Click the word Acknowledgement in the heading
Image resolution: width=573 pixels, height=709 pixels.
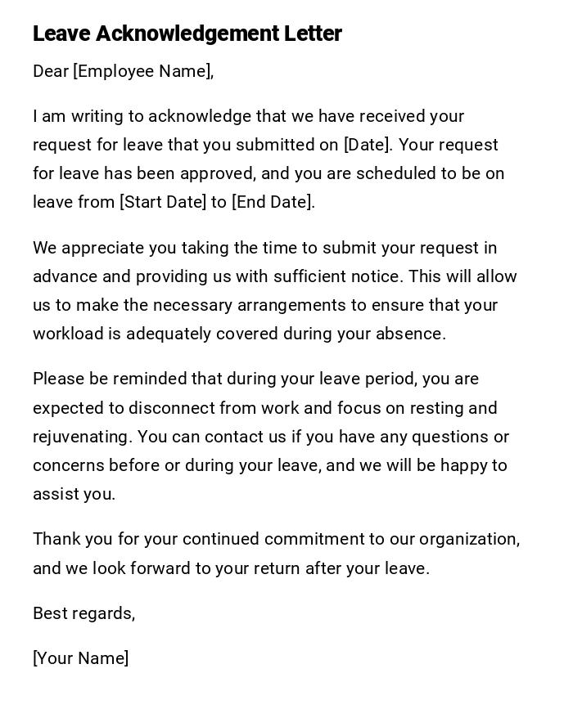click(x=187, y=34)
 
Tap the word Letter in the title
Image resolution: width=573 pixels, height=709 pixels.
click(x=313, y=34)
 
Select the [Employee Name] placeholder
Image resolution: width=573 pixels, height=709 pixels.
click(x=143, y=71)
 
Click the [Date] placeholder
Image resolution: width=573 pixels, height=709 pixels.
click(x=367, y=145)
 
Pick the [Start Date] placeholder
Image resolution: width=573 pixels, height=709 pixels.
click(x=163, y=202)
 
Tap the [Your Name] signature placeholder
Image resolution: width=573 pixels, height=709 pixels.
click(x=81, y=658)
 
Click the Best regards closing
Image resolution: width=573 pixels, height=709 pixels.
click(x=83, y=613)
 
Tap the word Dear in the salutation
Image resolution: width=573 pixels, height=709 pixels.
click(x=50, y=71)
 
